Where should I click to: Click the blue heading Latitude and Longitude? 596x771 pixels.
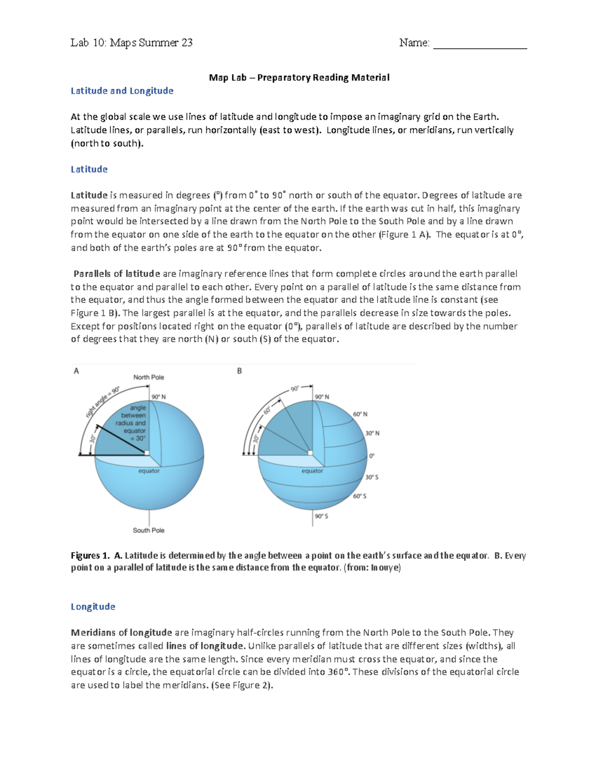click(x=122, y=91)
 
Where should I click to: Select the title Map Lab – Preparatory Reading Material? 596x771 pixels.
click(x=299, y=77)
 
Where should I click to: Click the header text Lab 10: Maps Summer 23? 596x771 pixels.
click(x=132, y=43)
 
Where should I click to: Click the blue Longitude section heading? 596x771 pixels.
click(x=93, y=607)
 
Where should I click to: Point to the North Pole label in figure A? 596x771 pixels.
click(x=149, y=377)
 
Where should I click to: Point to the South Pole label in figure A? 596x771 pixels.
click(x=149, y=530)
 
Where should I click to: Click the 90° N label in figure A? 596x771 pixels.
click(x=159, y=397)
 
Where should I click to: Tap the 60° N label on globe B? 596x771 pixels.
click(x=360, y=414)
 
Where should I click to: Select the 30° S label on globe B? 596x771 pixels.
click(x=372, y=477)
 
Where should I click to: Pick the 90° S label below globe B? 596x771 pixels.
click(x=321, y=516)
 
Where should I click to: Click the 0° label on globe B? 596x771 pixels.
click(x=372, y=456)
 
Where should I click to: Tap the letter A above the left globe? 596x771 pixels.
click(x=76, y=371)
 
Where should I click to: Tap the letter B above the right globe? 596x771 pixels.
click(x=239, y=371)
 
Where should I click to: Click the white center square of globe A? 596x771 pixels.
click(x=147, y=453)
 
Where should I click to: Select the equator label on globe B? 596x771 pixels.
click(x=312, y=471)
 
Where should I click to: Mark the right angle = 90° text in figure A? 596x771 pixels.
click(x=102, y=402)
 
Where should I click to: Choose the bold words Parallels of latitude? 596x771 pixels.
click(x=117, y=274)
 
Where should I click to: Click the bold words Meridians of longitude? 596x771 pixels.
click(x=121, y=632)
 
